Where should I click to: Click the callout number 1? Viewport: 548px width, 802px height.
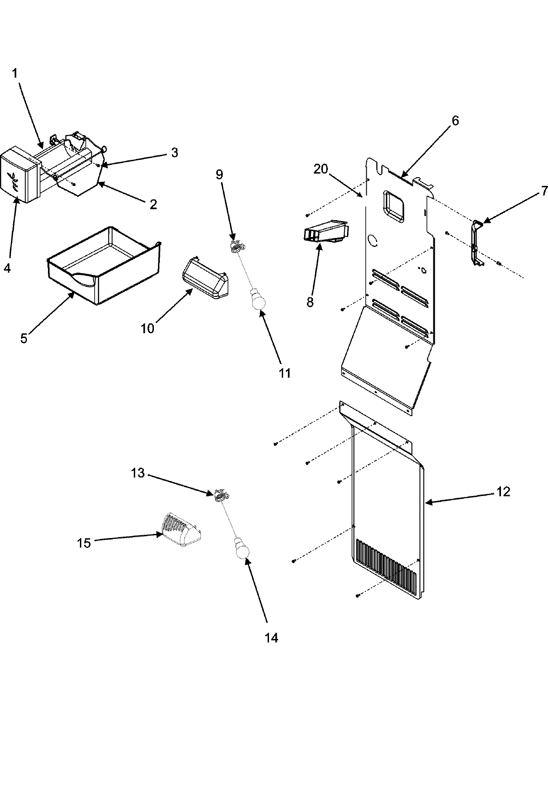pos(15,73)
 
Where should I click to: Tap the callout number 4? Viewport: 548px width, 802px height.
pos(7,268)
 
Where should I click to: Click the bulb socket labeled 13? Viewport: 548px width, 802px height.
pos(221,494)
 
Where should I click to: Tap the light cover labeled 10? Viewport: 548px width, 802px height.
pos(205,279)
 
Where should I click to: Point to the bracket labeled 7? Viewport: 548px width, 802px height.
pos(476,242)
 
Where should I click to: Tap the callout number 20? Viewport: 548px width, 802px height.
pos(321,169)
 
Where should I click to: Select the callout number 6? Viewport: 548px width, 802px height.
pos(455,121)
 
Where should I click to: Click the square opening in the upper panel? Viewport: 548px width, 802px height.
pos(394,206)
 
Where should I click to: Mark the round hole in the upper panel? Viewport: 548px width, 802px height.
pos(374,240)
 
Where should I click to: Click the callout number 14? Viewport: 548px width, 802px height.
pos(271,638)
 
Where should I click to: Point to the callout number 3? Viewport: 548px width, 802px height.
pos(174,153)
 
